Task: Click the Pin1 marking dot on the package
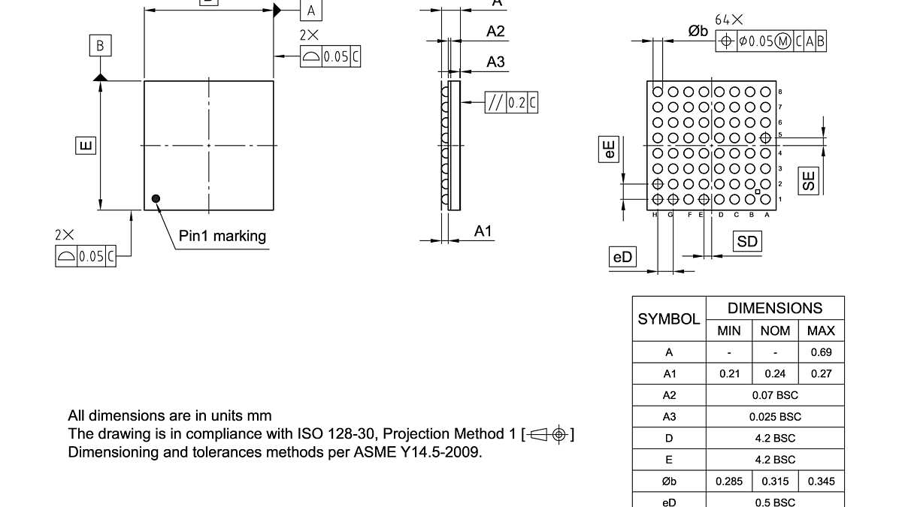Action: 156,198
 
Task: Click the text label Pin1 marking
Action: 222,236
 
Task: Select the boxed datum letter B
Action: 100,46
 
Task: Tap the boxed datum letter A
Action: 311,11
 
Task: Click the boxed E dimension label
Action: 86,144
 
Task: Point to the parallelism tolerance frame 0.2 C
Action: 511,103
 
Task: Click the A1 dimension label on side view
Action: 483,231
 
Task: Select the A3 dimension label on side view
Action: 495,62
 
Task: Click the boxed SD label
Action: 747,241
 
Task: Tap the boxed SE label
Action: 808,180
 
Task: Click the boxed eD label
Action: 622,258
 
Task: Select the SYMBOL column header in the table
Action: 668,319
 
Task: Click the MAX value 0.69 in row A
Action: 821,352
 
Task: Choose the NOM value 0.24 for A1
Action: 775,373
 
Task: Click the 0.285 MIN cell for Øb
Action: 729,481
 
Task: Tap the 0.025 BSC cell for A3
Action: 775,416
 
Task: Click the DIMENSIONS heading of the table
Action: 775,308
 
